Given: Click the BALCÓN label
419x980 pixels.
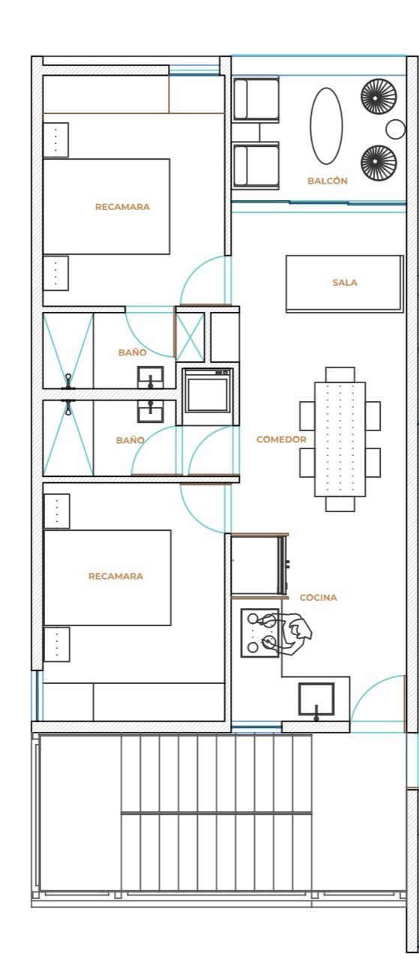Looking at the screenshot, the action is [327, 181].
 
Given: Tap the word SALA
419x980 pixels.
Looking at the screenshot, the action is [345, 283].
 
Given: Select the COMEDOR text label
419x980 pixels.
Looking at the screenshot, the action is [281, 439].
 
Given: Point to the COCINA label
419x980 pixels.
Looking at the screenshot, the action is [318, 598].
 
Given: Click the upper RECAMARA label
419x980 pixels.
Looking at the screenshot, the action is [122, 207].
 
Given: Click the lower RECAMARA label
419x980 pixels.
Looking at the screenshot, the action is [115, 576].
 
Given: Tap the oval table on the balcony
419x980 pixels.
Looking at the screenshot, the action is [326, 126].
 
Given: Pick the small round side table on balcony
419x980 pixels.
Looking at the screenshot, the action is [395, 129].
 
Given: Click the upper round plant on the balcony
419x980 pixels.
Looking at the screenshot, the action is [379, 96].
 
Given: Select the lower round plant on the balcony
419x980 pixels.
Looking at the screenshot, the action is [379, 162].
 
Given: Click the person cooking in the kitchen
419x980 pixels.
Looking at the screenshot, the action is [292, 634].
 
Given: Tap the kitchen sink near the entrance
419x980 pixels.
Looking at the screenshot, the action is [316, 700].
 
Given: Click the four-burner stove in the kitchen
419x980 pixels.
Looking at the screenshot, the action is [260, 633].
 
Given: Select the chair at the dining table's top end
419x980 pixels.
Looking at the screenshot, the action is [340, 374].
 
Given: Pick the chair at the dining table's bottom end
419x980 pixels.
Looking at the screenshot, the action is [340, 504].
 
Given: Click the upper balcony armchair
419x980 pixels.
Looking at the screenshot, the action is [256, 99].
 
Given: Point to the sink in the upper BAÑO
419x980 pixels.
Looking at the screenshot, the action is [151, 377].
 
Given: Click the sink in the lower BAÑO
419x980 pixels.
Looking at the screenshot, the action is [151, 411].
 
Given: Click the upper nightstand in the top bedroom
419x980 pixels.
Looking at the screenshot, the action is [55, 140].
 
